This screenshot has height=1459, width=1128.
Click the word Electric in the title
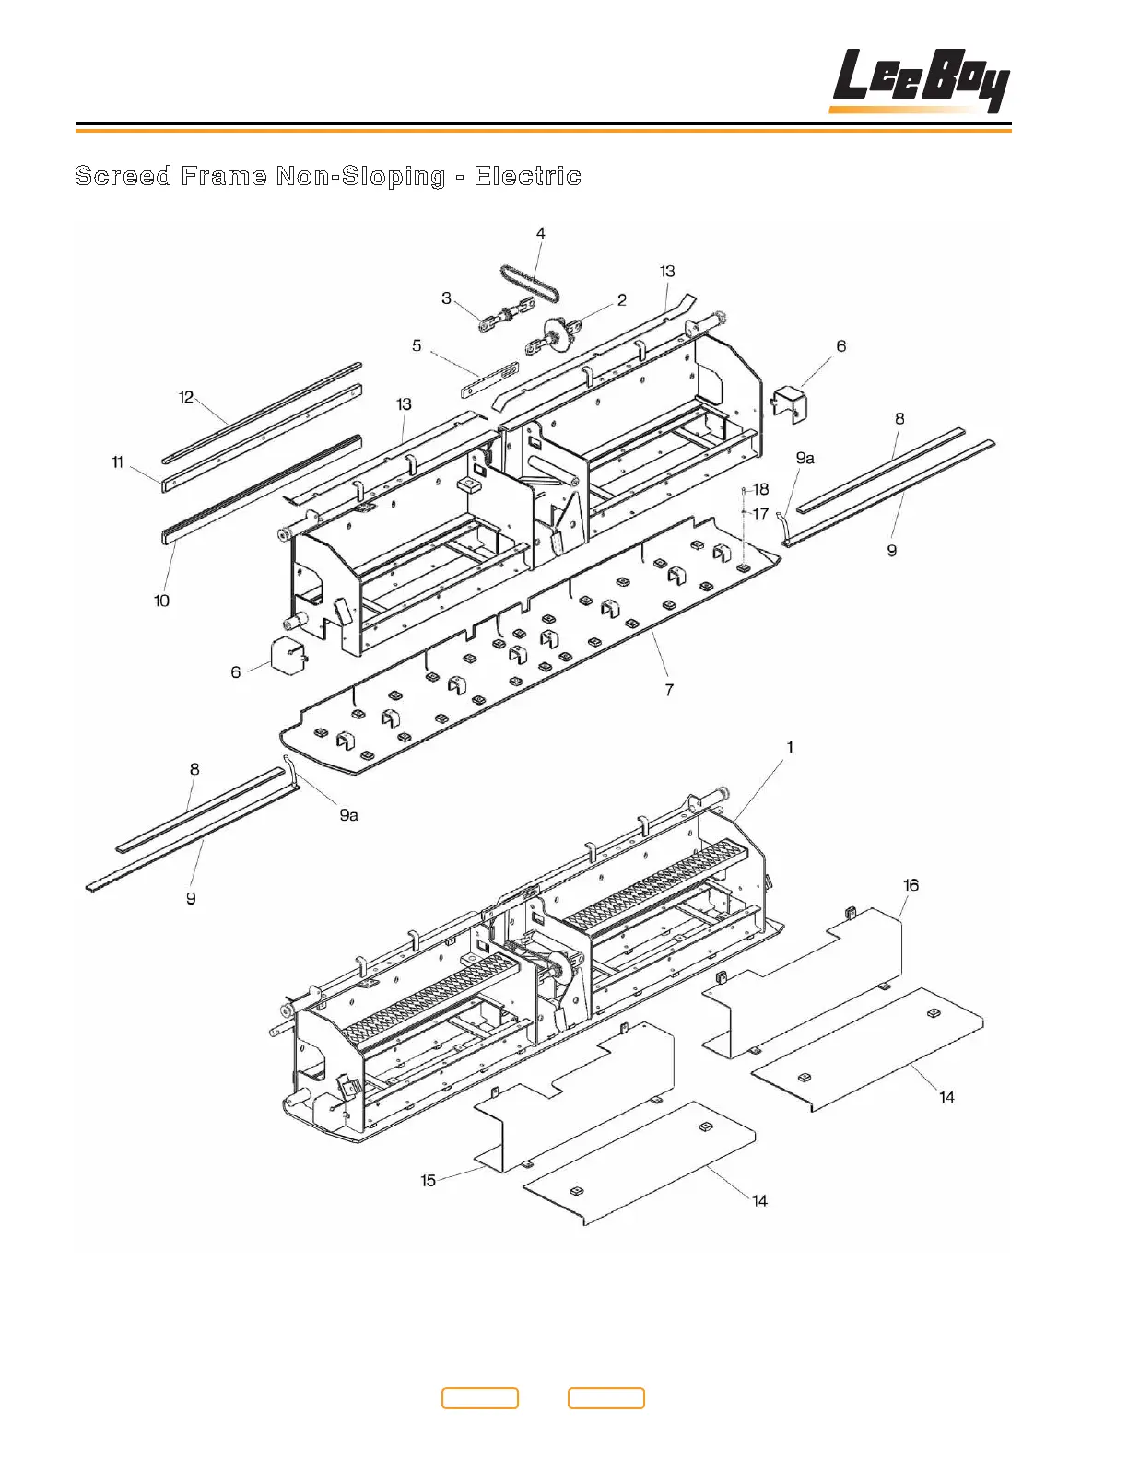click(527, 176)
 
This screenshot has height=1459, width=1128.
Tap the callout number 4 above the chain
click(541, 234)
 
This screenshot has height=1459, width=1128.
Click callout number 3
click(447, 298)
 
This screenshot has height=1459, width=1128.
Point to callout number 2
click(622, 300)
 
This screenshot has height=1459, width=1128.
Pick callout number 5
click(417, 346)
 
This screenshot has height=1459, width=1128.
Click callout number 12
click(186, 397)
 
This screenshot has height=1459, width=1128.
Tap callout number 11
click(117, 461)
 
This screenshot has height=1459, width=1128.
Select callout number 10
click(161, 601)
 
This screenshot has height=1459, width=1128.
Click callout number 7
click(669, 689)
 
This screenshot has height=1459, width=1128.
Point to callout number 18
click(761, 489)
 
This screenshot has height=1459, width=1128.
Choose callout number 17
click(760, 514)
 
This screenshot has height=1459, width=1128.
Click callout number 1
click(790, 747)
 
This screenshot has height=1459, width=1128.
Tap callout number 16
click(911, 885)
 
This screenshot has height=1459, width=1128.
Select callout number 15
click(428, 1180)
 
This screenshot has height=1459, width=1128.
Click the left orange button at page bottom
click(480, 1398)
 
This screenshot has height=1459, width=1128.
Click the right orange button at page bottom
click(605, 1398)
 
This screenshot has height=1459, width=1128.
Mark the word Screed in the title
click(123, 176)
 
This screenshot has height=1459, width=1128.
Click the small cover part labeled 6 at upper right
click(789, 403)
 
